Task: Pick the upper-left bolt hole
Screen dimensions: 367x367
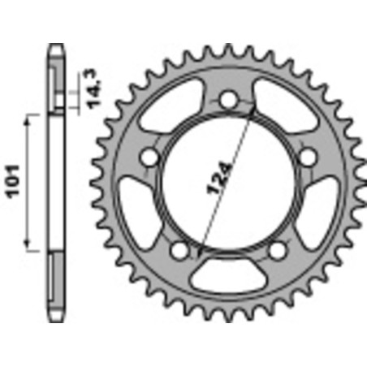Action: [x=149, y=156]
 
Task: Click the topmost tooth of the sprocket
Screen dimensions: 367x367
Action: [x=228, y=45]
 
